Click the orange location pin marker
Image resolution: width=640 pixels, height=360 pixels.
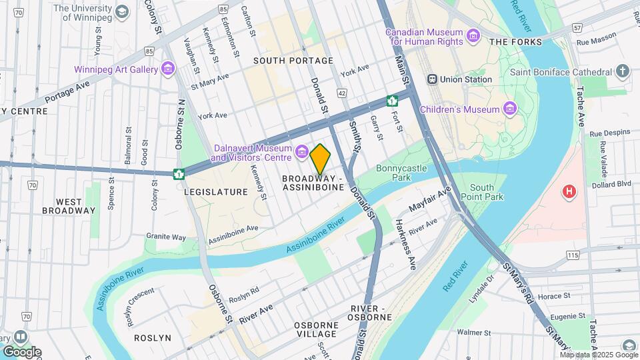tap(320, 159)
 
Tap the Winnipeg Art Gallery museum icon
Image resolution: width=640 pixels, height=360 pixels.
tap(167, 69)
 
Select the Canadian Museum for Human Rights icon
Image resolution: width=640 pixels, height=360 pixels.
tap(473, 35)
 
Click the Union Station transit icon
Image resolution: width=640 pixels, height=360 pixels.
tap(432, 79)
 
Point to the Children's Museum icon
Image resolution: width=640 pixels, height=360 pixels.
tap(510, 109)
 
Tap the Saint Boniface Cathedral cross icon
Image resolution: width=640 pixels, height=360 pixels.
tap(623, 71)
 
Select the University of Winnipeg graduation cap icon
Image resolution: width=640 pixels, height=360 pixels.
tap(121, 11)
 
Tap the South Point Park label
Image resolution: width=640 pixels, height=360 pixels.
tap(486, 192)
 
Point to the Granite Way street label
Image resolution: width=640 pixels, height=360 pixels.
tap(167, 237)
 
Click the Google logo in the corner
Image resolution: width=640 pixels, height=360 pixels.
tap(22, 351)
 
